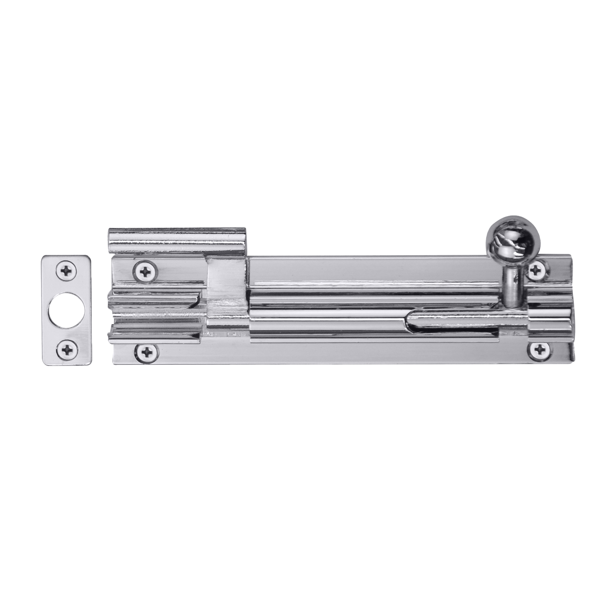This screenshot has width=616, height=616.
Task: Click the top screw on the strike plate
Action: tap(67, 271)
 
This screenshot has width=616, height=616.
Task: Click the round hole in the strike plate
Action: tap(67, 311)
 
